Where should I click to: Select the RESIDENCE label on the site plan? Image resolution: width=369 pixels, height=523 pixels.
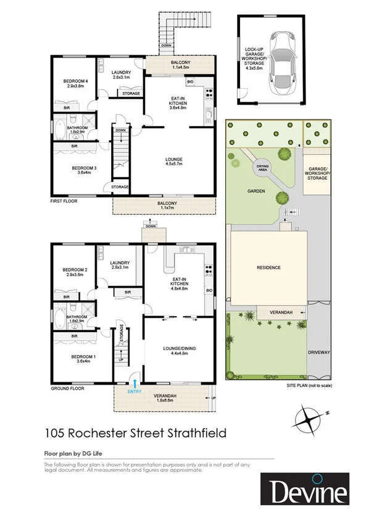point(268,267)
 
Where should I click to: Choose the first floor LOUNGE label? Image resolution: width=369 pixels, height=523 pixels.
point(173,162)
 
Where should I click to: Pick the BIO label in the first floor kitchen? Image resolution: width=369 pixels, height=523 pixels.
point(190,82)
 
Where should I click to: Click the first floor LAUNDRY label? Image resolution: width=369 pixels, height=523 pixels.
point(120,75)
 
